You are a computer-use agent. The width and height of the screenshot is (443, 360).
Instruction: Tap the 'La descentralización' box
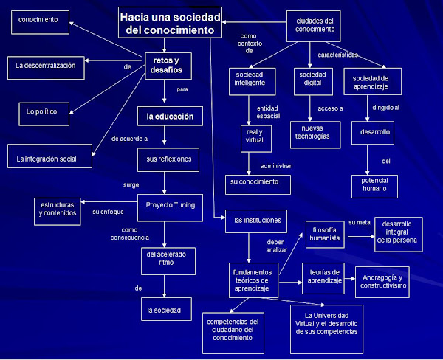46,66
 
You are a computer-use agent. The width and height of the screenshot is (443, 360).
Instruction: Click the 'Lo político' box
47,111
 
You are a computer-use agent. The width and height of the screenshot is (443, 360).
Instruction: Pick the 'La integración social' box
52,158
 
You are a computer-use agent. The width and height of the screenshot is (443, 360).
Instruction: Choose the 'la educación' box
170,116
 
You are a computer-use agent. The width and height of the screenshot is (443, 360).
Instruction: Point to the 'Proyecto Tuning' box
170,205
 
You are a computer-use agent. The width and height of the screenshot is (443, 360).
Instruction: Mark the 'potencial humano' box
374,186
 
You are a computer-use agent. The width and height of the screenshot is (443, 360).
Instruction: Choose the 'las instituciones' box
257,220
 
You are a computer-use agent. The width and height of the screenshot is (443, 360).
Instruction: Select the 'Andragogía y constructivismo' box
382,281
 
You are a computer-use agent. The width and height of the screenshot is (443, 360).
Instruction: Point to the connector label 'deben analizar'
276,245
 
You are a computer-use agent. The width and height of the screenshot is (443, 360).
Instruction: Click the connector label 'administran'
277,166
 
